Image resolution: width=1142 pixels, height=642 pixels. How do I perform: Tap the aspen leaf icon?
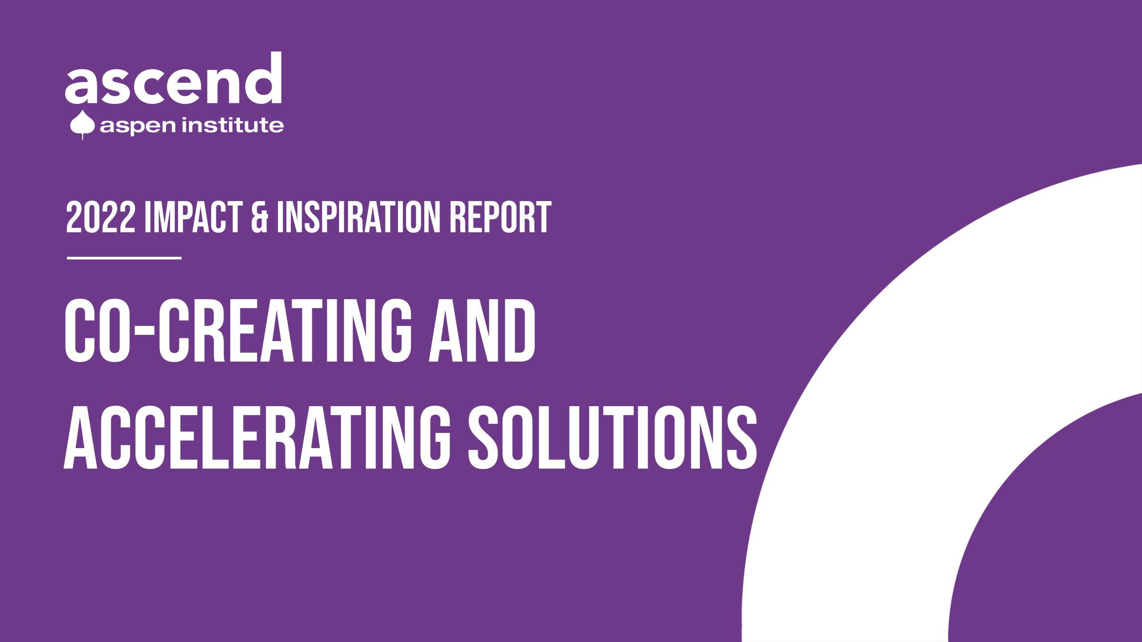[82, 125]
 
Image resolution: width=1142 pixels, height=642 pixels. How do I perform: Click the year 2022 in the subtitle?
[100, 217]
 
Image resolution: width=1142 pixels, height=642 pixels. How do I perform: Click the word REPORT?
[500, 217]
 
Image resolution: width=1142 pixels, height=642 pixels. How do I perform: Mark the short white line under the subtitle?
[124, 258]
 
